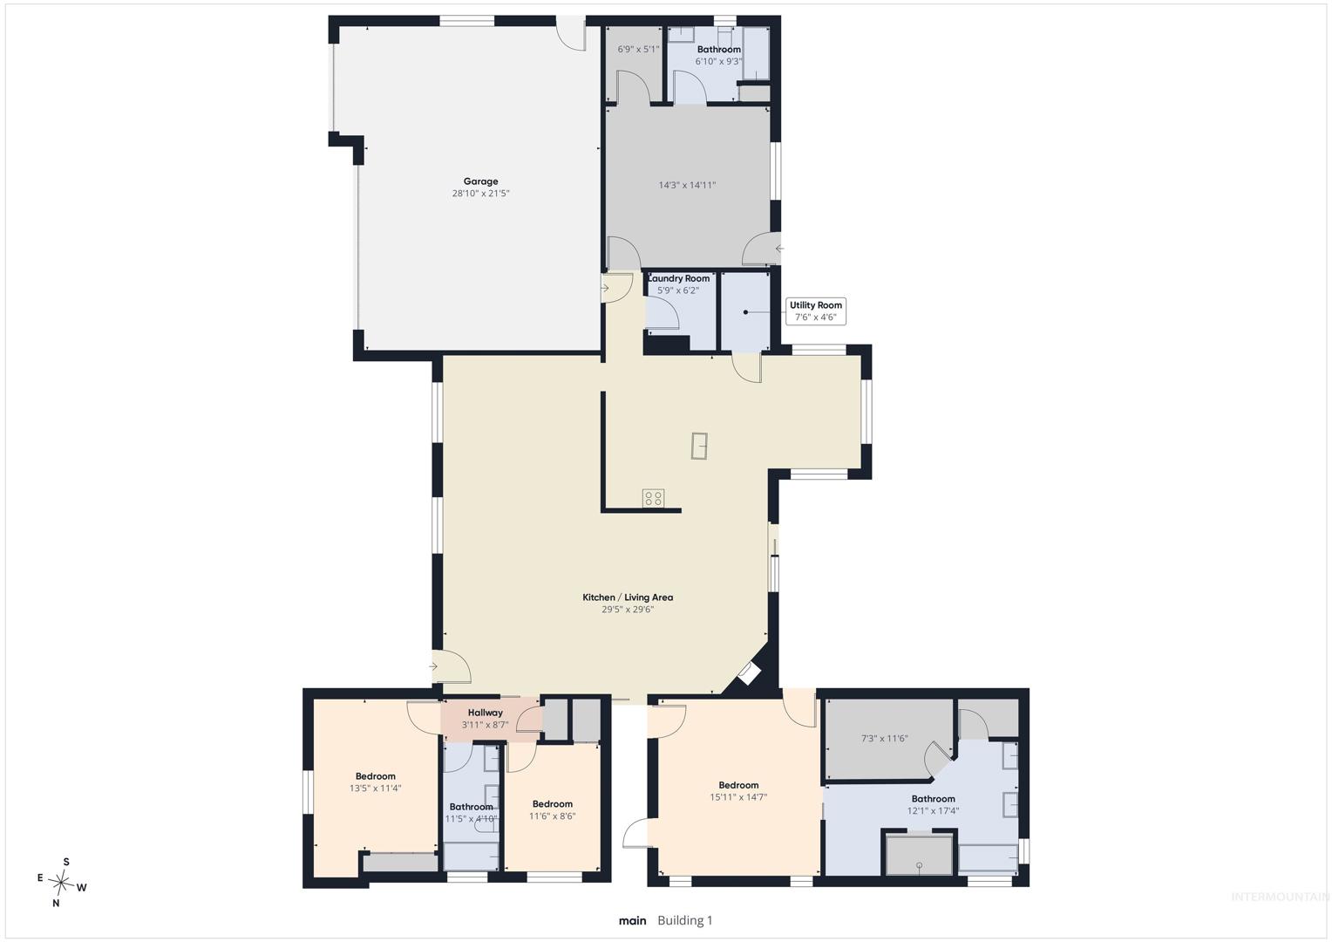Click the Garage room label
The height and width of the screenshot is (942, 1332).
480,181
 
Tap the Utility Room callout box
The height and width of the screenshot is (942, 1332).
815,311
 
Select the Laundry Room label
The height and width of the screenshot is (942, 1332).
678,278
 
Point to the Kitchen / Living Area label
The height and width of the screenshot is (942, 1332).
628,597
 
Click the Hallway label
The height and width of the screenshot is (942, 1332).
486,713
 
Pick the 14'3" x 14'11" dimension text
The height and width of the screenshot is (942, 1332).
687,185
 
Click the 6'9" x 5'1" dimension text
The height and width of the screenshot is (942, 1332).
638,50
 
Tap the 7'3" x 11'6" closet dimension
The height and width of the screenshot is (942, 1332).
884,739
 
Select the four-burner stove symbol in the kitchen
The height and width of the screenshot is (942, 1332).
654,498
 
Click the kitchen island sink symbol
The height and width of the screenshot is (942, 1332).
699,445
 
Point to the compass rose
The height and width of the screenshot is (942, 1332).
62,882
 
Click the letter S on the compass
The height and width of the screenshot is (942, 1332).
66,862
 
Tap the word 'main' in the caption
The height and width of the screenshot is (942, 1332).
632,920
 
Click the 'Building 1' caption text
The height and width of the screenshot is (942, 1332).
684,920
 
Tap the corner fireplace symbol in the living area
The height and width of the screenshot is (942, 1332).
750,673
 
